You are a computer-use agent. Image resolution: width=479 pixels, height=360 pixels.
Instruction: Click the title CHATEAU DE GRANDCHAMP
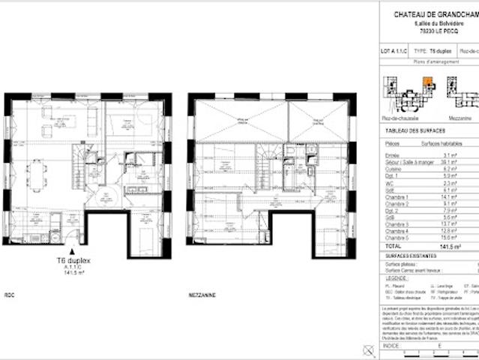pyautogui.click(x=436, y=14)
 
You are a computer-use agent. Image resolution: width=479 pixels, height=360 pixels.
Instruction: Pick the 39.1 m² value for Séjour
pyautogui.click(x=448, y=162)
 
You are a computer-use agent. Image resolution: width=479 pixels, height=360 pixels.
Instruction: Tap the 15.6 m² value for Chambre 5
pyautogui.click(x=448, y=237)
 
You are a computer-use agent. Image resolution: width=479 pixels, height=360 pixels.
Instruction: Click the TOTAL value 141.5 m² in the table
pyautogui.click(x=448, y=245)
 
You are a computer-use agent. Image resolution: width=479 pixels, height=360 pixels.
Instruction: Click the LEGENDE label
pyautogui.click(x=397, y=278)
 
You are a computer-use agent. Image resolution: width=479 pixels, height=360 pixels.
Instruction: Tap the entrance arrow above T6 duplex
pyautogui.click(x=72, y=252)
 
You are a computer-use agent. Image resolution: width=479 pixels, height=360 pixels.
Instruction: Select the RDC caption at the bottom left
pyautogui.click(x=10, y=295)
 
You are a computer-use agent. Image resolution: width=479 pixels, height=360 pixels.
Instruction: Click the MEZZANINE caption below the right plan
pyautogui.click(x=202, y=295)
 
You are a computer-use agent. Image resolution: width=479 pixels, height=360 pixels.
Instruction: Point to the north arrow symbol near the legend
pyautogui.click(x=367, y=349)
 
